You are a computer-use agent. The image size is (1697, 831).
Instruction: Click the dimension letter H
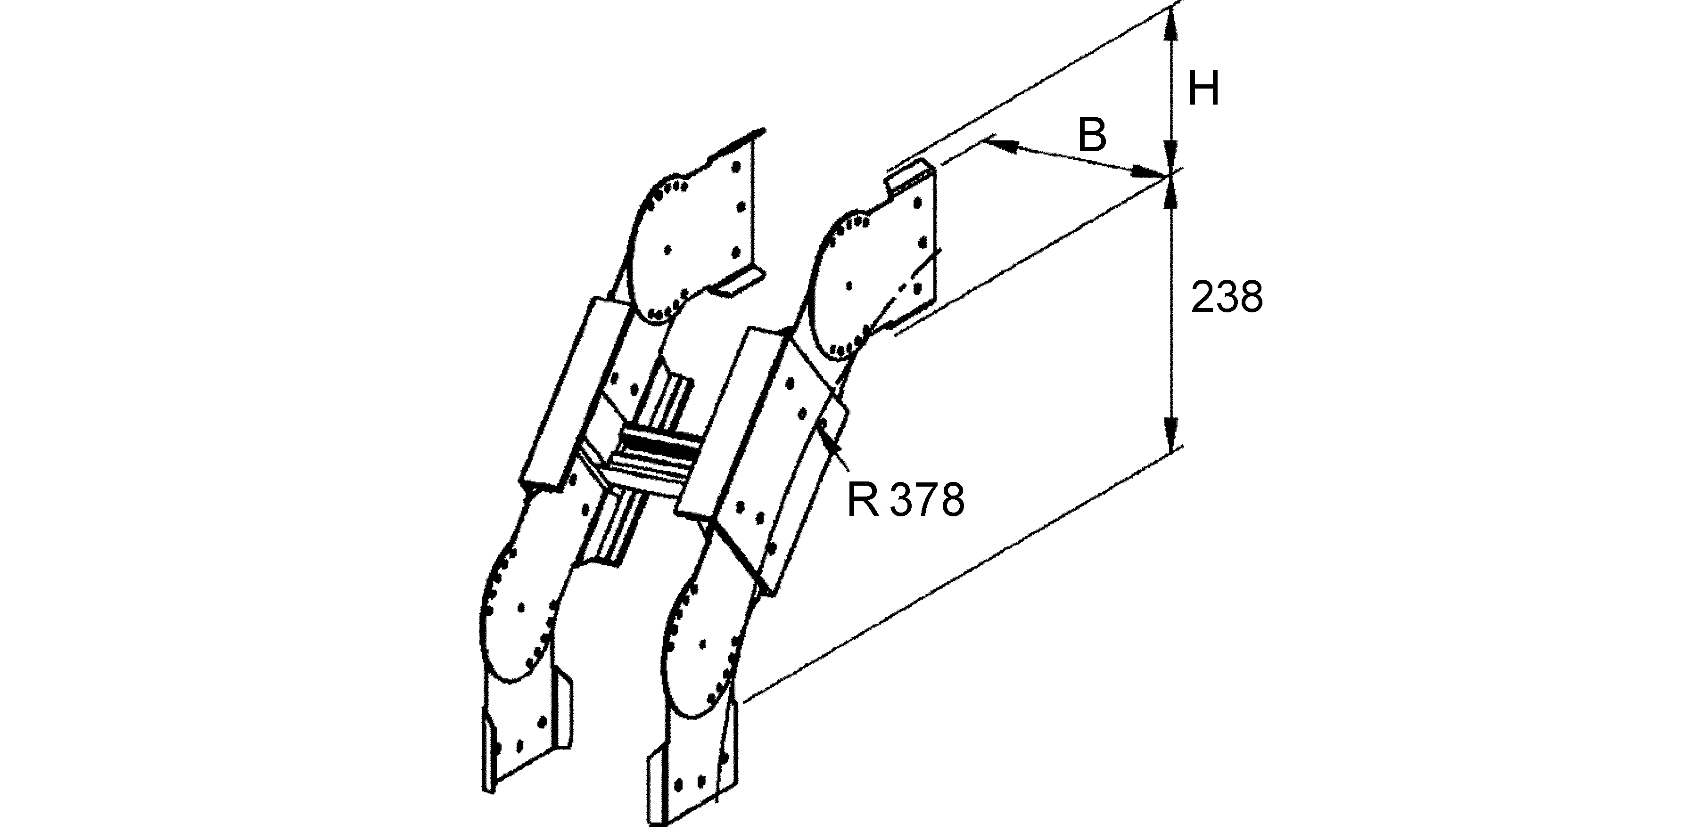1203,90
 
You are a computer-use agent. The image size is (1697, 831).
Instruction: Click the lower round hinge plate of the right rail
701,652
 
